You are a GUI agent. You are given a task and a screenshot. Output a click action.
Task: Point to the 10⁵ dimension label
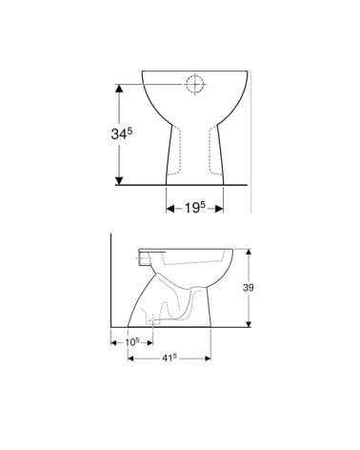click(x=131, y=341)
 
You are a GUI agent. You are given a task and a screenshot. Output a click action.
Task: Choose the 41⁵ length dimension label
click(x=170, y=358)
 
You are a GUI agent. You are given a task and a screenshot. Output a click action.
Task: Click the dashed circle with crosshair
click(x=194, y=84)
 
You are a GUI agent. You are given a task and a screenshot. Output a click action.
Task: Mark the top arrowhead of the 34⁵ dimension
click(x=119, y=87)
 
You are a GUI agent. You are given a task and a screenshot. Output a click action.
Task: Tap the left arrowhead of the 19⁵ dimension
click(x=170, y=207)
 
